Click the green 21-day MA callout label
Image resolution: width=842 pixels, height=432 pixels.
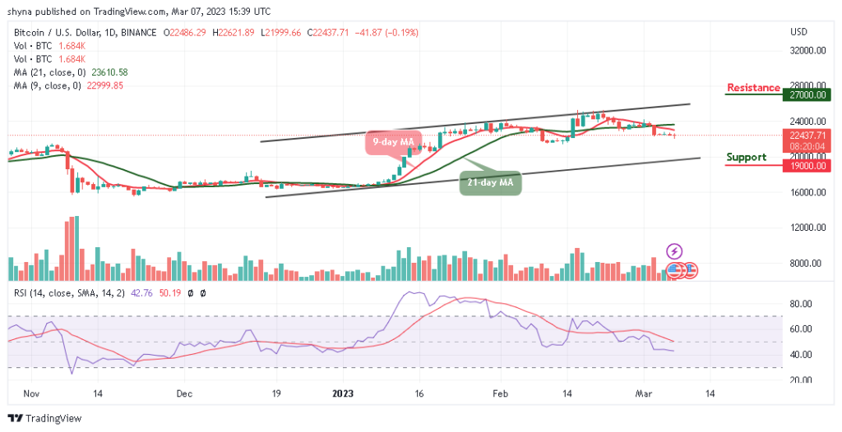490,182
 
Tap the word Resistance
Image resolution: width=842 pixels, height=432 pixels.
753,88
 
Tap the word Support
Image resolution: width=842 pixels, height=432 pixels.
747,157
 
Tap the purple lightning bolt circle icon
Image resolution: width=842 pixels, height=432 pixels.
673,251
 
